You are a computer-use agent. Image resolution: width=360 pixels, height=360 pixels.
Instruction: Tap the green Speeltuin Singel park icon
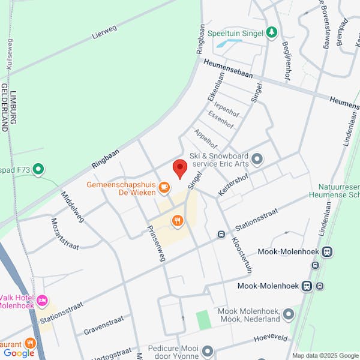(272, 32)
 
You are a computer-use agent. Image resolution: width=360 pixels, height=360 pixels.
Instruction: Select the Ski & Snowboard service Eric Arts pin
(257, 159)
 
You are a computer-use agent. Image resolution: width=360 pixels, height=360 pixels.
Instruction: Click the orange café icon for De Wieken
(164, 188)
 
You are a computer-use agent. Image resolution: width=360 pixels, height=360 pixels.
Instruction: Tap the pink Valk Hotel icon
(42, 299)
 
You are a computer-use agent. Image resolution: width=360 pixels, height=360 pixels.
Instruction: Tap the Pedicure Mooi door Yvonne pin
(208, 350)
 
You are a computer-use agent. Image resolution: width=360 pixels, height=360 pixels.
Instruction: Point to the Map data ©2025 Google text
(325, 356)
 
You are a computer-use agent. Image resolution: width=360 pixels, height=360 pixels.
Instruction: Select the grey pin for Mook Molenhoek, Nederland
(289, 313)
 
